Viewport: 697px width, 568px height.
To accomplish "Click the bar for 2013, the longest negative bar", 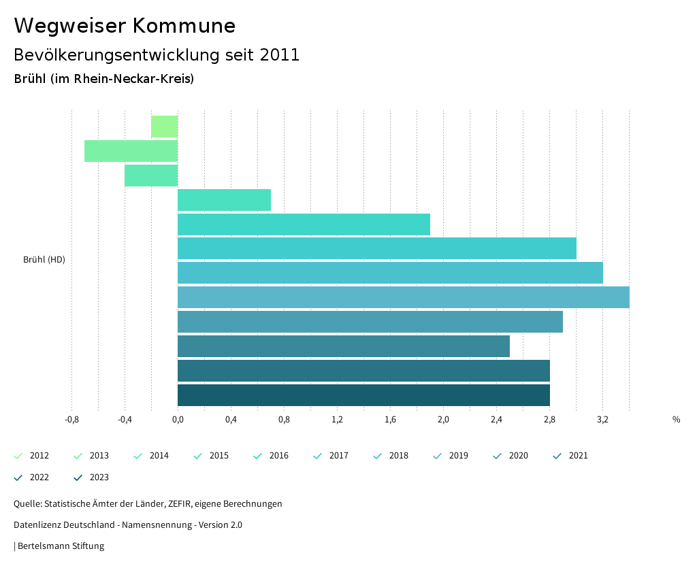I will [x=131, y=151].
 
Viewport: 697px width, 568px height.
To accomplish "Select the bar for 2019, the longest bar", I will [x=403, y=297].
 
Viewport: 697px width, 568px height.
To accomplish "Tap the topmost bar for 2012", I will [x=164, y=127].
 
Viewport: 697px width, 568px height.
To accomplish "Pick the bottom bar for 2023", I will [x=363, y=395].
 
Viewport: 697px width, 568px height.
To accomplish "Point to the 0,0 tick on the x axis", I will [x=178, y=420].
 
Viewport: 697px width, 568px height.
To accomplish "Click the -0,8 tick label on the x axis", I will [x=71, y=420].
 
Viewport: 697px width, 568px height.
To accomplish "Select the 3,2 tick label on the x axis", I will [x=602, y=420].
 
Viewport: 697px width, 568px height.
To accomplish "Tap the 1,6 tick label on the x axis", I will [x=390, y=420].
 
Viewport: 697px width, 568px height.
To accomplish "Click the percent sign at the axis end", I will [x=676, y=420].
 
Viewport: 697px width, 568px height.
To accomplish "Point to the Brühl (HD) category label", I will [x=44, y=260].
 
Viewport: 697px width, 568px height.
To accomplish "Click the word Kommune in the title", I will [x=184, y=26].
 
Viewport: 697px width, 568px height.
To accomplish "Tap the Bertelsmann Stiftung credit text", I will [x=61, y=546].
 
